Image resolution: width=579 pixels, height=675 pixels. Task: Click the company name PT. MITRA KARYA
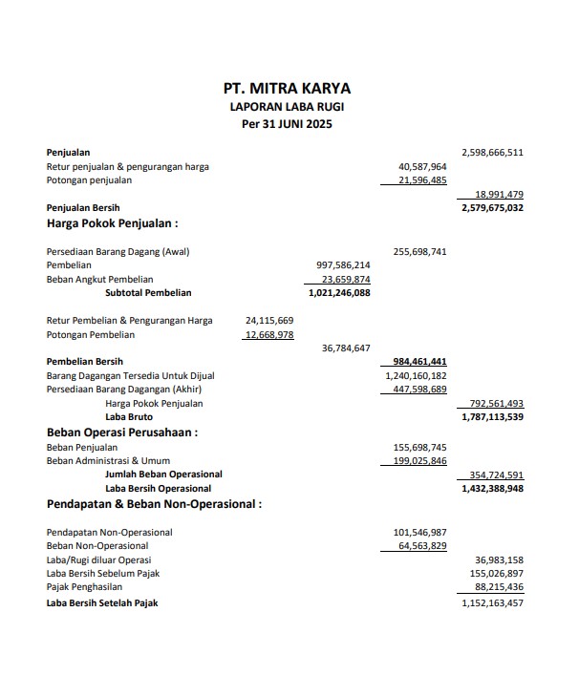(287, 90)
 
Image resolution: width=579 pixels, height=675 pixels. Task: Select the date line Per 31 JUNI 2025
(287, 124)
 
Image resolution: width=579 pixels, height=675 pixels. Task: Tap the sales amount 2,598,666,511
(492, 152)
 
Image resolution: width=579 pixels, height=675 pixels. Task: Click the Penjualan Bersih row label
(83, 207)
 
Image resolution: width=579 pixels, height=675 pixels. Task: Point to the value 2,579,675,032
(492, 207)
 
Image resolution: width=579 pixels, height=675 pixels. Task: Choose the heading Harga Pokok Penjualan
(113, 224)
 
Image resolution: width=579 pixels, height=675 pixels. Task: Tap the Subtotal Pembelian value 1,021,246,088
(339, 293)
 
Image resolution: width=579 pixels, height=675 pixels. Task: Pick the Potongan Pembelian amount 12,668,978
(268, 335)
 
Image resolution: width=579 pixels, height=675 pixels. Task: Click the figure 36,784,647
(348, 348)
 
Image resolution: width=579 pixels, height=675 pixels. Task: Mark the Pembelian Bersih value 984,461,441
(420, 363)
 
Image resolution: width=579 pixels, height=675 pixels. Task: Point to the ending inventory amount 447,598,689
(420, 390)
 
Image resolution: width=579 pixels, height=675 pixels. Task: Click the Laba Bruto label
(129, 417)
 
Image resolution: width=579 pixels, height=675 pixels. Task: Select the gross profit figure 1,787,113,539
(492, 417)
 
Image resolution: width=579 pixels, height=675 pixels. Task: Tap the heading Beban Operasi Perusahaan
(122, 432)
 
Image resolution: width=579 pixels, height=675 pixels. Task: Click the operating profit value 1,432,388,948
(492, 488)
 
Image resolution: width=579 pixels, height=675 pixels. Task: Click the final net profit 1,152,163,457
(492, 603)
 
